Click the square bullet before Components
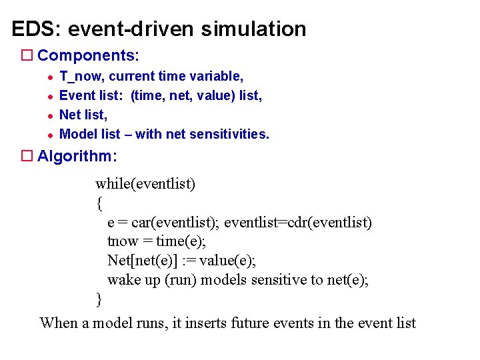coord(27,55)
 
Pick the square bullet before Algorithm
coord(27,156)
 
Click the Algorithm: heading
coord(77,156)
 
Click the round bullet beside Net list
coord(49,115)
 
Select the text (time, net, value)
coord(183,96)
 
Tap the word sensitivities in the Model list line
coord(229,134)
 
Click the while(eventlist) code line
coord(145,183)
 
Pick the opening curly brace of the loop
coord(99,203)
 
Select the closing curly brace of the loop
coord(99,299)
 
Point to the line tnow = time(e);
coord(157,241)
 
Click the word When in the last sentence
coord(59,323)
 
